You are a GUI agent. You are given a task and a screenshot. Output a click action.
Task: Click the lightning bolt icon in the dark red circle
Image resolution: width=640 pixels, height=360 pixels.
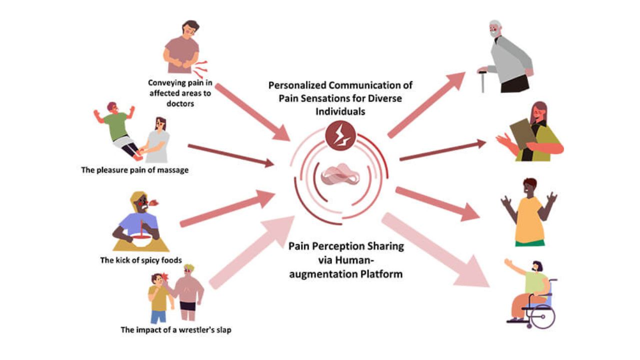coord(340,135)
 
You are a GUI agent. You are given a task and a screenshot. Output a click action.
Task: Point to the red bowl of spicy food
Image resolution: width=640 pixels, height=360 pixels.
coord(140,241)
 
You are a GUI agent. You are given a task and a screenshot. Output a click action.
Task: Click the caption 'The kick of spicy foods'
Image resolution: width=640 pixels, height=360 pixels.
coord(140,260)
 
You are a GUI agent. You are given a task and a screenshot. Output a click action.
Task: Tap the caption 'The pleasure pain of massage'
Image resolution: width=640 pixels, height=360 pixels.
coord(135,170)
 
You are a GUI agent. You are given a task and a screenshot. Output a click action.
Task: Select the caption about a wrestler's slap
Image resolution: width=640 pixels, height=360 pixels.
coord(175,329)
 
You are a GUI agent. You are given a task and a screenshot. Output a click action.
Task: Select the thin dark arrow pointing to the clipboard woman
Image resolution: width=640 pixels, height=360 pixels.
coord(442,151)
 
